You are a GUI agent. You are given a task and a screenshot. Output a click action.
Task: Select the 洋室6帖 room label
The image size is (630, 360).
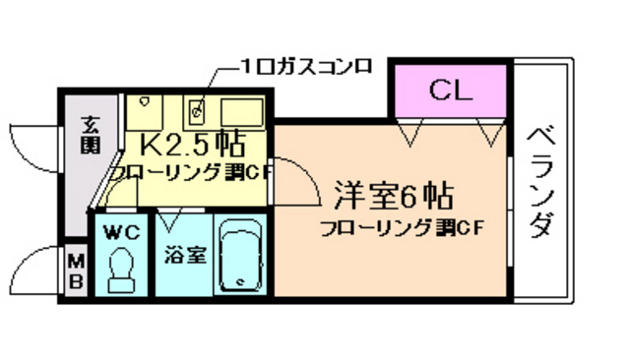391,197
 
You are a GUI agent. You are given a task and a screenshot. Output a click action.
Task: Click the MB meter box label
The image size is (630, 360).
76,270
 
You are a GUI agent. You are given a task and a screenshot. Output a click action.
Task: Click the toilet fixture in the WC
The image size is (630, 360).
122,270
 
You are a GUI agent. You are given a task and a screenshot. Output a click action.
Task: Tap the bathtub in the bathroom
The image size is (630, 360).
242,257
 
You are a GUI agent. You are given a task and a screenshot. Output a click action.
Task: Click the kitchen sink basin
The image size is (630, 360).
239,108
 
